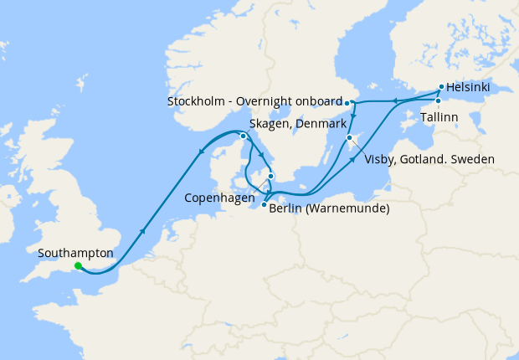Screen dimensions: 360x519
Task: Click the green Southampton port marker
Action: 78,266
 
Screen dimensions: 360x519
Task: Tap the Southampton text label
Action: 75,252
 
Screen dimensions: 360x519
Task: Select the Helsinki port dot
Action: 441,86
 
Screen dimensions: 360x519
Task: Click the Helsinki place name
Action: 468,87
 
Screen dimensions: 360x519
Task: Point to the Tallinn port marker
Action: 438,101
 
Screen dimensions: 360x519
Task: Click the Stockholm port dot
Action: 348,103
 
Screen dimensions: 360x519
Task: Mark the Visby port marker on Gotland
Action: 349,138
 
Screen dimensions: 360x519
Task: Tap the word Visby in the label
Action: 379,158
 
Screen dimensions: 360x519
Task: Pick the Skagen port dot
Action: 243,136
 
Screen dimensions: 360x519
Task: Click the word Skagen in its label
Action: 267,124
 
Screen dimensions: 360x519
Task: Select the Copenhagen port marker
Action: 270,176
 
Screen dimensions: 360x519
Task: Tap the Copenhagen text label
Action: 218,201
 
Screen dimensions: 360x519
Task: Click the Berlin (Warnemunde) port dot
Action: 264,205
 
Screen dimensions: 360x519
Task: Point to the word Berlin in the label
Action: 288,208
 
